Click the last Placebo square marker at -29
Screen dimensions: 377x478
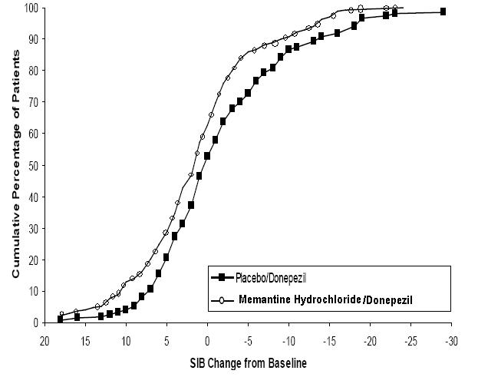pyautogui.click(x=443, y=12)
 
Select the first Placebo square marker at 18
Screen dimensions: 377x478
pyautogui.click(x=61, y=319)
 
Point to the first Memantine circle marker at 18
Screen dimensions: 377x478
pyautogui.click(x=62, y=314)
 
